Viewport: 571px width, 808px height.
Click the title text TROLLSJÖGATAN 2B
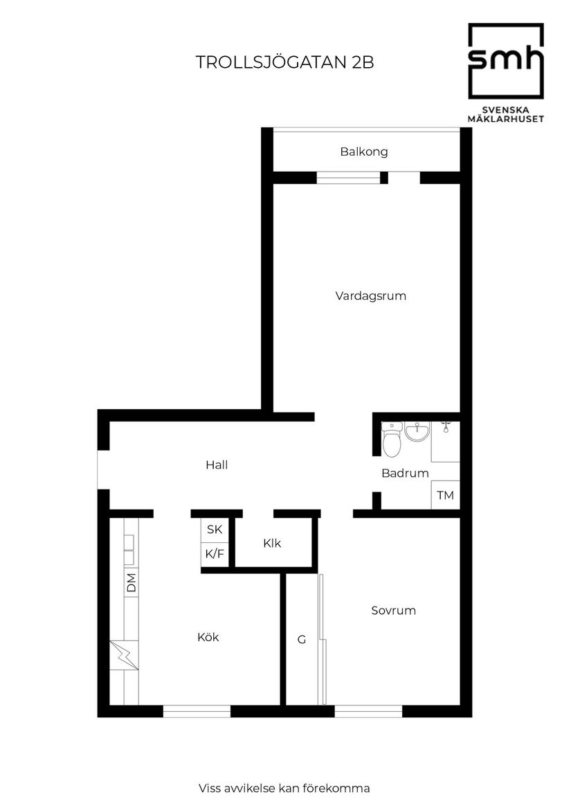(x=284, y=62)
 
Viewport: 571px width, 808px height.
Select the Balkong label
(x=363, y=152)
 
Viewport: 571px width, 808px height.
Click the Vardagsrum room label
(x=370, y=296)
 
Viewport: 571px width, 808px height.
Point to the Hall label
(x=217, y=465)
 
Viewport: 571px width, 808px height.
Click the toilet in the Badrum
(x=392, y=441)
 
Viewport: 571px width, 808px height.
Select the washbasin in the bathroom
(x=417, y=433)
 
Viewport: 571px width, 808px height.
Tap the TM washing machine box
(x=445, y=496)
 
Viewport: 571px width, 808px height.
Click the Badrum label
(x=405, y=474)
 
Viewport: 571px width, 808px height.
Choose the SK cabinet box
(x=215, y=530)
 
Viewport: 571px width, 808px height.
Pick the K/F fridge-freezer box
(x=215, y=554)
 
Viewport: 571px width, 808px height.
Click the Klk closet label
(x=272, y=544)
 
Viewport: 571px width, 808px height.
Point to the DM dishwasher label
(x=131, y=582)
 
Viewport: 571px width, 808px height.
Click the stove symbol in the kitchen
(x=124, y=655)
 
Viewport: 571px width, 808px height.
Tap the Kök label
(x=208, y=637)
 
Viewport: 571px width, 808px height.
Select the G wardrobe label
(x=302, y=640)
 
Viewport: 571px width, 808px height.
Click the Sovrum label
(x=393, y=611)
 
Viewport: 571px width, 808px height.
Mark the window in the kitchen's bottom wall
(x=197, y=710)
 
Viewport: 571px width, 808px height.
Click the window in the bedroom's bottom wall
(x=368, y=710)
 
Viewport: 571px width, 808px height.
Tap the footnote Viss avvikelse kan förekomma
(x=284, y=788)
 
